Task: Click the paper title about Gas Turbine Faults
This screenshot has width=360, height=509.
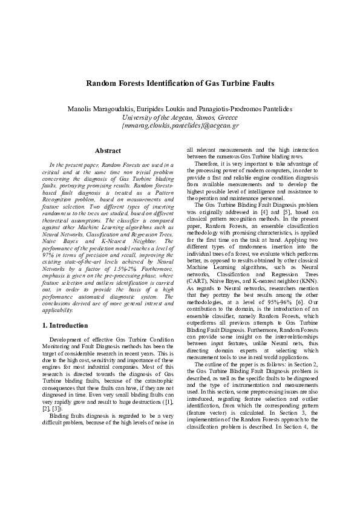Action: click(x=180, y=83)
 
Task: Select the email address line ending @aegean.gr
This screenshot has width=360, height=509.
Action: click(x=180, y=126)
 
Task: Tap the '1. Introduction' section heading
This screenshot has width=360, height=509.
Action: click(x=65, y=325)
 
